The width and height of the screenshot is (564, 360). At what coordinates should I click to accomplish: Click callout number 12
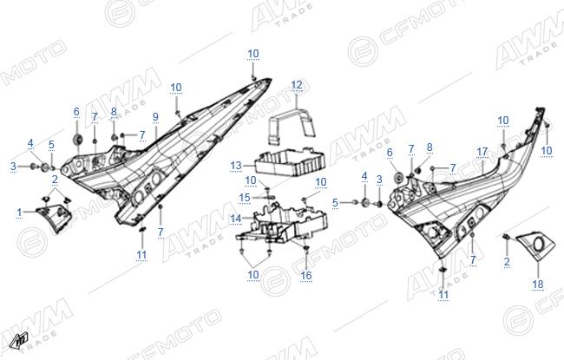coord(297,85)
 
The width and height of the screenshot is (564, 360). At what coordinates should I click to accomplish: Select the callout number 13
coord(236,166)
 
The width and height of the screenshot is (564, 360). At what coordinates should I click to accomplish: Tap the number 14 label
coord(236,219)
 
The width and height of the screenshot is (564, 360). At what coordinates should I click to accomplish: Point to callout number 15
coord(245,198)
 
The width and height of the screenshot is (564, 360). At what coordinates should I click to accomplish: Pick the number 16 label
coord(306,276)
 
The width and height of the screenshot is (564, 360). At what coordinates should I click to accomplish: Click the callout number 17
coord(482,152)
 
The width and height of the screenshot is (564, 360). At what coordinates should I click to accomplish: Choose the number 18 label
coord(538,285)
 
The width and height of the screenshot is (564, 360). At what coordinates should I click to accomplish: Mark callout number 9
coord(155,117)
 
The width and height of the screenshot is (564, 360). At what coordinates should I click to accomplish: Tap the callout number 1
coord(19,213)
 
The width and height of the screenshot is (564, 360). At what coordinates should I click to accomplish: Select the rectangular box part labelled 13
coord(290,162)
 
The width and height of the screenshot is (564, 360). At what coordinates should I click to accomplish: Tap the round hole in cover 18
coord(540,244)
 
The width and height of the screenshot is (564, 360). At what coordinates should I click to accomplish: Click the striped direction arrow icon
coord(21,341)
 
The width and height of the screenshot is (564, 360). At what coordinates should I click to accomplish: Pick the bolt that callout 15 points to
coord(271,197)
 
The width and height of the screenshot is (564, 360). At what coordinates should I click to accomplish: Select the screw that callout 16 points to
coord(306,248)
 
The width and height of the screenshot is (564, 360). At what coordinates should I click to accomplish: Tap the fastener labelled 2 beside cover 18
coord(506,237)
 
